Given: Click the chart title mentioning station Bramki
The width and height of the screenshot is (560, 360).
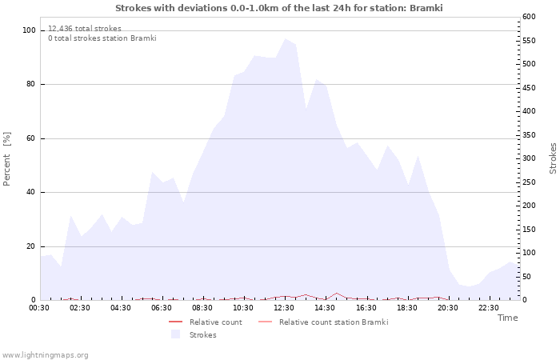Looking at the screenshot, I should point(278,8).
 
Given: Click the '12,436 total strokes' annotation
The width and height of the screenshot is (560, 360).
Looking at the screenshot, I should point(85,29).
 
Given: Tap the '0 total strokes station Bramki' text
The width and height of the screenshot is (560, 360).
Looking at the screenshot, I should point(102,38).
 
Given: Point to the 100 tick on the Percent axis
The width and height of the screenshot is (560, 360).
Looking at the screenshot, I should point(29,30).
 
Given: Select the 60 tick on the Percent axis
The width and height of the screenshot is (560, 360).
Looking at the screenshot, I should point(31,138).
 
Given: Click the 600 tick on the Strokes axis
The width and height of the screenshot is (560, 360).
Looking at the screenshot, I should point(529,17).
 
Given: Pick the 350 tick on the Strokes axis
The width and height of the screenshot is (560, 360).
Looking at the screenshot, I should point(529,135).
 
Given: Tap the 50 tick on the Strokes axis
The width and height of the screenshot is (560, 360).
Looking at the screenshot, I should point(526,277).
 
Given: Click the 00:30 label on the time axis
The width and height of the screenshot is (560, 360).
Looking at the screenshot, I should point(39,308).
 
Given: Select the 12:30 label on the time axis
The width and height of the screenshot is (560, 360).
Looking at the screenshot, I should point(284,308).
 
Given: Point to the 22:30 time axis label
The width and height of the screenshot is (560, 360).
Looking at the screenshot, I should point(489,308).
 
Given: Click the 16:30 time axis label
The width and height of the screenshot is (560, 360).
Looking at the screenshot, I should point(366,308).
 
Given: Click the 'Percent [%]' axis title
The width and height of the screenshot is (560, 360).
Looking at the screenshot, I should point(7,158).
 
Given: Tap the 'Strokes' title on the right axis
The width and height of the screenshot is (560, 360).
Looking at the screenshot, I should point(553,158).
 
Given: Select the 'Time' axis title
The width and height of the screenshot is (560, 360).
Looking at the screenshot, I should point(507,318).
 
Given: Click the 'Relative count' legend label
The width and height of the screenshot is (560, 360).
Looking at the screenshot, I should point(215,322).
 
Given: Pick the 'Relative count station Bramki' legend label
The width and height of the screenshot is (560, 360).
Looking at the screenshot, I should point(334,322).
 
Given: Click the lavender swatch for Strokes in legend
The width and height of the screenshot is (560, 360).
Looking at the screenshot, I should point(175,334).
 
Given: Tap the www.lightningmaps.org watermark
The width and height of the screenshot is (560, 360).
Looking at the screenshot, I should point(45,355).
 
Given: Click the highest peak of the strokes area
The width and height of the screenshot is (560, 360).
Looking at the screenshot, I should point(285,38).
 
